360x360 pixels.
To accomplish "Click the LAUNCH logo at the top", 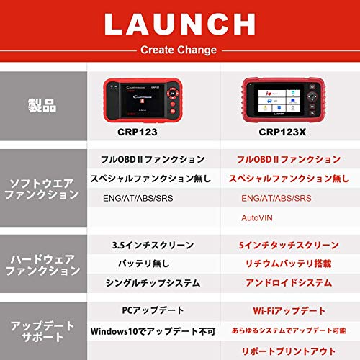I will point(179,24).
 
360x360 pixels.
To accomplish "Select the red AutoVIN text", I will point(256,217).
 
